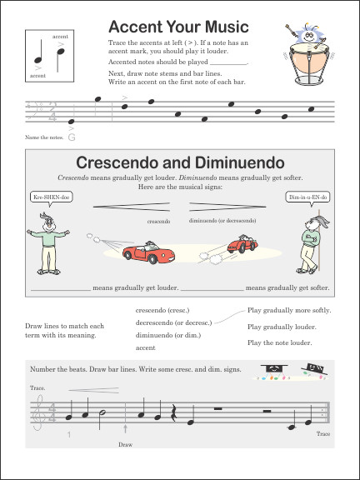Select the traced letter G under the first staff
[72, 137]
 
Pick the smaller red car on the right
[242, 245]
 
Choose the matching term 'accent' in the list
[145, 347]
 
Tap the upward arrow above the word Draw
[126, 430]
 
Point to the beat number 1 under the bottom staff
[70, 436]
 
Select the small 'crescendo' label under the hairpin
[158, 222]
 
